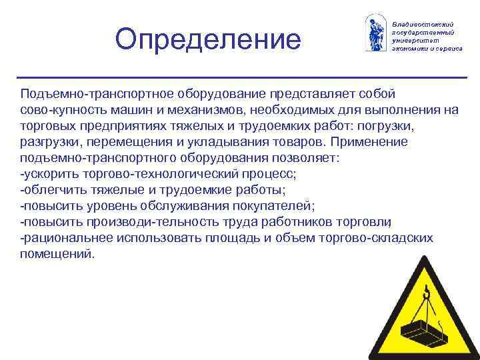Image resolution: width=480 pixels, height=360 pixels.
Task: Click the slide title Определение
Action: point(208,39)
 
